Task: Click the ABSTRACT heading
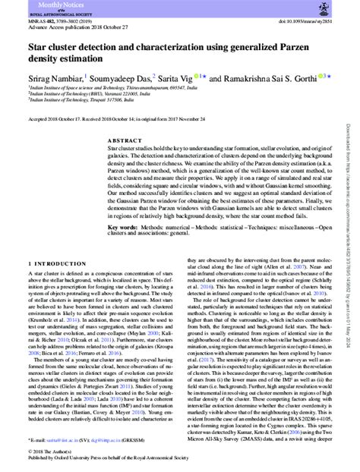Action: click(x=125, y=140)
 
